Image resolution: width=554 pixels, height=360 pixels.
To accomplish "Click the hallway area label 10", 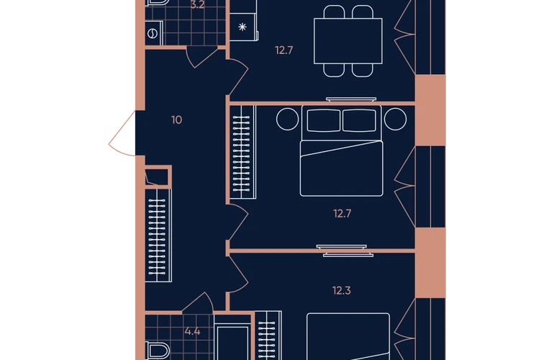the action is tap(177, 120).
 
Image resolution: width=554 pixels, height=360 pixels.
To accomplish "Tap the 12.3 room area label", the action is tap(341, 291).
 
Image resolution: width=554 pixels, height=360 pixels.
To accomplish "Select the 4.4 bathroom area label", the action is tap(192, 331).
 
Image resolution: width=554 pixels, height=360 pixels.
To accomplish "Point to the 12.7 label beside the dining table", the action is tap(284, 50).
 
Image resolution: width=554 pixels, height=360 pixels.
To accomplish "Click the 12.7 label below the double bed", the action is tap(342, 214).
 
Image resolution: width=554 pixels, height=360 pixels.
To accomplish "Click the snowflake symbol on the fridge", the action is tap(242, 27).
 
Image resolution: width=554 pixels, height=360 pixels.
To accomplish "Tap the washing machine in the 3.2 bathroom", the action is tap(154, 34).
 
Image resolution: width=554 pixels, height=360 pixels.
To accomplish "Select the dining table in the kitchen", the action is tap(348, 41).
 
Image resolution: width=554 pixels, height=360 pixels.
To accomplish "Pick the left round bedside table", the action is tap(288, 120).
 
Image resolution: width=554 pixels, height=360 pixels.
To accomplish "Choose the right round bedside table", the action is tap(395, 120).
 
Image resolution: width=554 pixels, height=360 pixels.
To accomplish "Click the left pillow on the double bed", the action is tap(324, 120).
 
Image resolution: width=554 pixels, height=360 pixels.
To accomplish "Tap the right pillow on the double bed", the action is tap(359, 120).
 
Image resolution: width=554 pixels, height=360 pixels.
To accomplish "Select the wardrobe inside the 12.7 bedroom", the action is tap(243, 152).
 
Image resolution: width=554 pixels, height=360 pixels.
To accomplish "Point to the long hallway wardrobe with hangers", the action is tap(158, 235).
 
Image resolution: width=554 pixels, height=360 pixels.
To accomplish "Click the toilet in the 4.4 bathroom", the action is tap(158, 351).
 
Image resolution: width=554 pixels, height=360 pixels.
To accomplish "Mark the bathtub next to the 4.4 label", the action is tap(232, 343).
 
